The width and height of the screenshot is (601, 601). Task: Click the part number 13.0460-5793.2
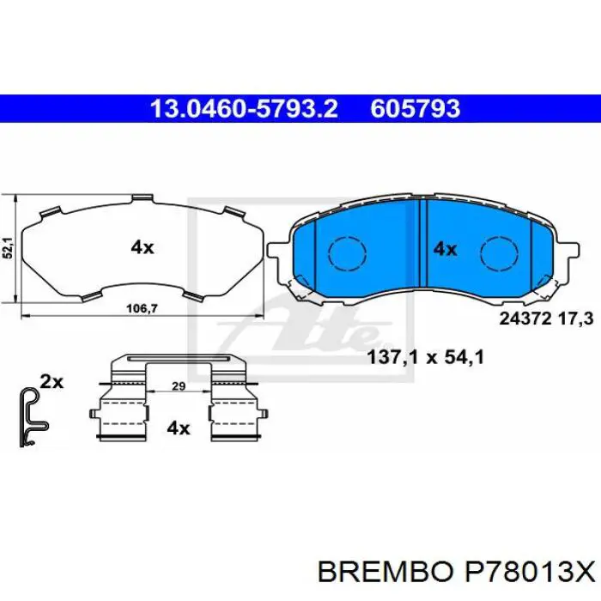click(244, 109)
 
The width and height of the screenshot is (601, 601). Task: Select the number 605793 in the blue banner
click(416, 109)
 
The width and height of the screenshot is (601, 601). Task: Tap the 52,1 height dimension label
click(8, 248)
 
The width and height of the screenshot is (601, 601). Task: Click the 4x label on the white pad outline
click(142, 247)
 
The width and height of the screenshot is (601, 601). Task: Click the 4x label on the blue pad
click(444, 249)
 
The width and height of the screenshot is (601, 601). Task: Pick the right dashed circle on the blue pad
click(495, 252)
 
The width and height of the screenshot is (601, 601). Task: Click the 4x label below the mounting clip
click(178, 428)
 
